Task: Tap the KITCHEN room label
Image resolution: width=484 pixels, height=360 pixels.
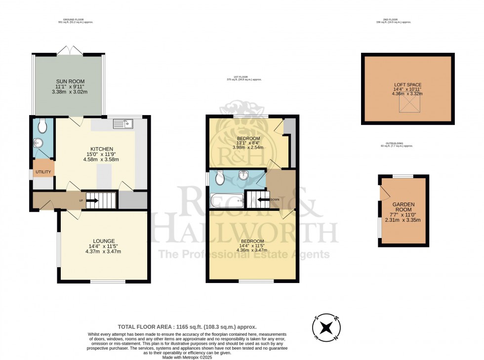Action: pyautogui.click(x=102, y=149)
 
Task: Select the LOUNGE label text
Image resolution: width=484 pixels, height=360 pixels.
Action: pyautogui.click(x=103, y=241)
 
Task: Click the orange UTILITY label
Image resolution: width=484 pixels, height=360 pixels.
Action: pyautogui.click(x=43, y=172)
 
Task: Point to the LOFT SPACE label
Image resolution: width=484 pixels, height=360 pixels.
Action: pyautogui.click(x=407, y=84)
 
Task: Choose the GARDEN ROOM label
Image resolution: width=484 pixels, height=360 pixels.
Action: pyautogui.click(x=403, y=207)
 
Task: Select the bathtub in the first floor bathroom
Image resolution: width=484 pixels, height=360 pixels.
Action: pyautogui.click(x=226, y=200)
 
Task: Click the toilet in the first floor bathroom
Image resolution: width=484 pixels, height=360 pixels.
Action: pyautogui.click(x=221, y=176)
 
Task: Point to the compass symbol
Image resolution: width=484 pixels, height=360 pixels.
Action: pyautogui.click(x=326, y=328)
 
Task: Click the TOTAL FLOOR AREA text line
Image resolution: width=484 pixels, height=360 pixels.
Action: pyautogui.click(x=187, y=327)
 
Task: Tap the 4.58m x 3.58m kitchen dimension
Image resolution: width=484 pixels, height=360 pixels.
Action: pyautogui.click(x=102, y=160)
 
